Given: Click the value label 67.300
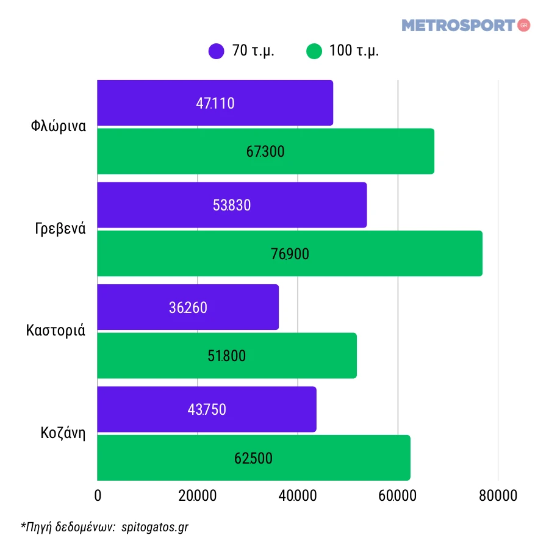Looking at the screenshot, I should pos(265,152).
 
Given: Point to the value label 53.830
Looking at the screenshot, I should pos(232,206).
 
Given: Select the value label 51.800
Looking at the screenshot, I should pos(226,356).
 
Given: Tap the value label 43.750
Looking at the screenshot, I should pos(207,410).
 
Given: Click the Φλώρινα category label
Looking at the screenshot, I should pos(58,127).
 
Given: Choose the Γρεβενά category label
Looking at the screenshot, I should pos(60,229).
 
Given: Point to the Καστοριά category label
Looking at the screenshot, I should pos(56,331).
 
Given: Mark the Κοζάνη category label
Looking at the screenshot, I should pos(63,434).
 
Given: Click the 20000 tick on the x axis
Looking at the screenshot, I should pos(197,496).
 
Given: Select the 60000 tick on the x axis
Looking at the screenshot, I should pos(397,496).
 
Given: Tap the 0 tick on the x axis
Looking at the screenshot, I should pos(98,496).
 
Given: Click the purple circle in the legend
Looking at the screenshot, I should pos(217,51).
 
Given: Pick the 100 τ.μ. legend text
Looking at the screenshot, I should pos(354,51).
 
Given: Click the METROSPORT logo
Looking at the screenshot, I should pos(459,26).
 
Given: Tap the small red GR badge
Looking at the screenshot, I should pos(523,25).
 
